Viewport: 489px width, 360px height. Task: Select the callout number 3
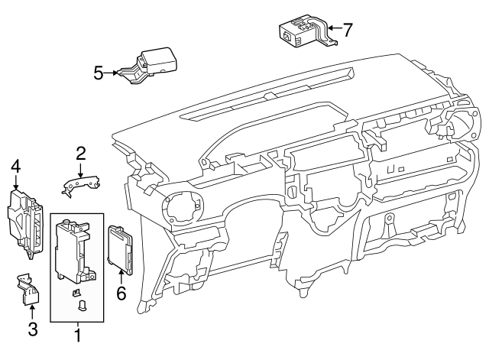pyautogui.click(x=32, y=329)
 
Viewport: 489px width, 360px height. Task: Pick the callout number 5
pyautogui.click(x=98, y=73)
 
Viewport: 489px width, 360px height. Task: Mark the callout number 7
pyautogui.click(x=348, y=31)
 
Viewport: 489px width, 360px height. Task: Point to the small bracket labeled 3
pyautogui.click(x=28, y=290)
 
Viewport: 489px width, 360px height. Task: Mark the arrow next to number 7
pyautogui.click(x=334, y=31)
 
